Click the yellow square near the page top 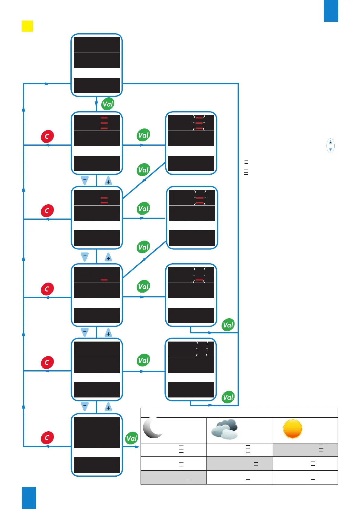point(27,26)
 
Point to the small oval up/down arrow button point(330,146)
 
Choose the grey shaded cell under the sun point(305,450)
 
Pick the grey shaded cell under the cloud point(240,464)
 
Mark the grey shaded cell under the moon point(174,478)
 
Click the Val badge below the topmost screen point(108,104)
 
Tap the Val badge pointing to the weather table point(132,438)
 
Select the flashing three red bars point(199,123)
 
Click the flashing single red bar point(199,280)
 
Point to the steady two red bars point(104,200)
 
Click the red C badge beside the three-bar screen point(47,136)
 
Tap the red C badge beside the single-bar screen point(47,289)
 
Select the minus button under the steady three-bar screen point(85,180)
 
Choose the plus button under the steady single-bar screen point(108,333)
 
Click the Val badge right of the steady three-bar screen point(143,135)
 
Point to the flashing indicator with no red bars point(202,349)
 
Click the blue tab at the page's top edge point(331,11)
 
